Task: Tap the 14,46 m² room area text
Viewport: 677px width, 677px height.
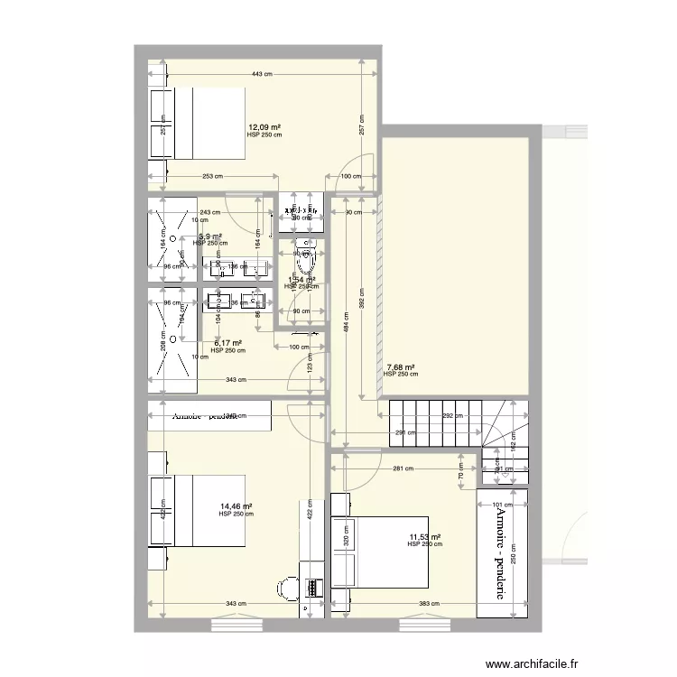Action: coord(236,507)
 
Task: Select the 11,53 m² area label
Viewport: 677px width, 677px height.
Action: coord(423,537)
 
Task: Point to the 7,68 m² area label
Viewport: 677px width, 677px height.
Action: coord(400,367)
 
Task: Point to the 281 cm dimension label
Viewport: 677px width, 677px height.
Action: coord(403,468)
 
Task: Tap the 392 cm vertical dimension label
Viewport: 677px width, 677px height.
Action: coord(362,305)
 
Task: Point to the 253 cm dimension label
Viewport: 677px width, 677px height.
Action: coord(213,177)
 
